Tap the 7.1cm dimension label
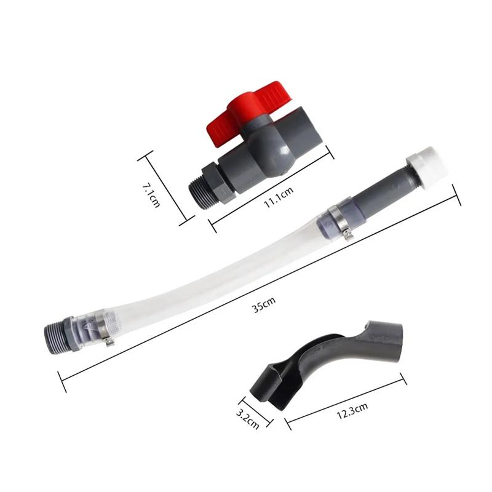[151, 195]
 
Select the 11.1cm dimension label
[279, 197]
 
